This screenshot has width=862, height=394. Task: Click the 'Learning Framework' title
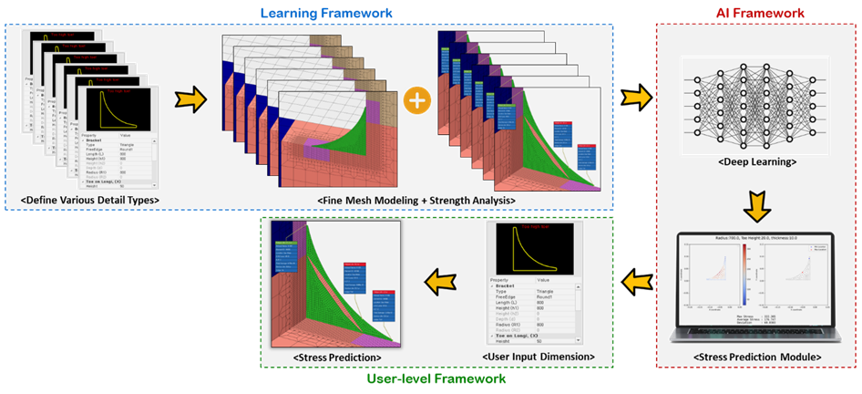[x=327, y=13]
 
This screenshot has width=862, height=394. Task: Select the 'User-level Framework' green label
[x=436, y=378]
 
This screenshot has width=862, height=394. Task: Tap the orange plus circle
[x=416, y=100]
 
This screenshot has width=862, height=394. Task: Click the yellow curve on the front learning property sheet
[x=118, y=113]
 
